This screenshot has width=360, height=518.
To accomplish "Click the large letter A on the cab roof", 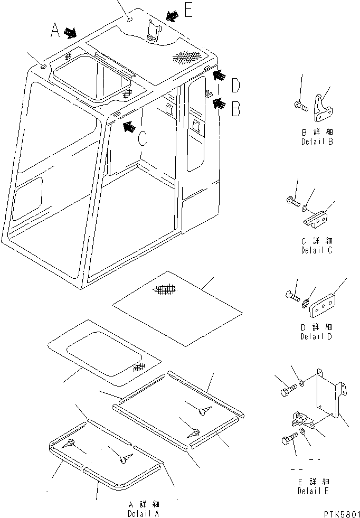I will click(55, 32).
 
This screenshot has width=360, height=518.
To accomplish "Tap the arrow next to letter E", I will click(172, 17).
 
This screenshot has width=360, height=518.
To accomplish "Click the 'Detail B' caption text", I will click(317, 142).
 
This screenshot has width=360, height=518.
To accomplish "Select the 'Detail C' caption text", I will click(317, 250).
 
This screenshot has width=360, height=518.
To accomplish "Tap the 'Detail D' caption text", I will click(317, 336).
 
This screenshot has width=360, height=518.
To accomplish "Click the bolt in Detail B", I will click(302, 106).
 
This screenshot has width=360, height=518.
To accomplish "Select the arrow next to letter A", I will click(70, 33).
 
